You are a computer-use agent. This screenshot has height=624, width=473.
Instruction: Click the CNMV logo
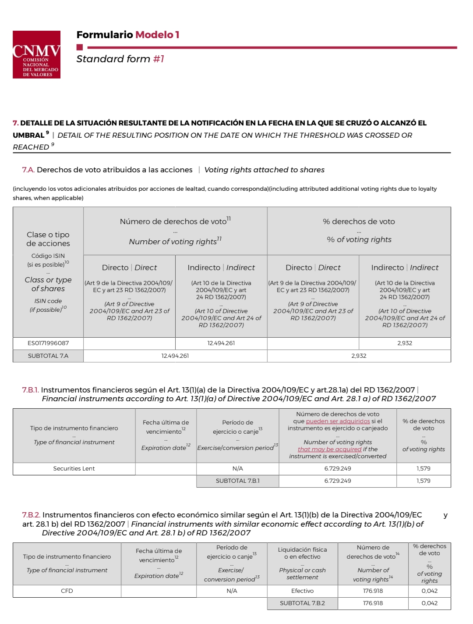point(36,55)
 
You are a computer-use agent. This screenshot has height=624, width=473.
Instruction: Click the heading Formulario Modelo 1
point(127,35)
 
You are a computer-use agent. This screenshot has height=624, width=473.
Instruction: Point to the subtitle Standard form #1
point(120,59)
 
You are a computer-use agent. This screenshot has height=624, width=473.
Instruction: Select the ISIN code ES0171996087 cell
point(48,343)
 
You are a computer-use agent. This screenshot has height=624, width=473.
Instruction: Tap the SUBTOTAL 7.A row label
point(48,356)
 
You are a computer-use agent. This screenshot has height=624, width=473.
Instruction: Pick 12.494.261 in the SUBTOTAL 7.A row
point(175,356)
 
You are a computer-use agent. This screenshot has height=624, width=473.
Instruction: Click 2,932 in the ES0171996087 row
point(405,343)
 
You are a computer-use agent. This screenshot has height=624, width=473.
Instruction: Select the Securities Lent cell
point(74,468)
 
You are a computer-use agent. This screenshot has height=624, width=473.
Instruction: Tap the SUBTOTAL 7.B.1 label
point(237,481)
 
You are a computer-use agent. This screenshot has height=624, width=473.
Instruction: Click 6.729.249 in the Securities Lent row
point(338,468)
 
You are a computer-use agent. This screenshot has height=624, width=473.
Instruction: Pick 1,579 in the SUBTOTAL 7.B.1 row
point(424,481)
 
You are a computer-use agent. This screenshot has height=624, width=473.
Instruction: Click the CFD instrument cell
point(67,591)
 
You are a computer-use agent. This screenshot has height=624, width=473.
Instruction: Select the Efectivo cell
point(302,591)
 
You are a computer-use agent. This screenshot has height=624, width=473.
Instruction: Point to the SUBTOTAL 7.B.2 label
point(302,603)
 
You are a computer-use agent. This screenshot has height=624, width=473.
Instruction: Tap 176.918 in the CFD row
point(373,591)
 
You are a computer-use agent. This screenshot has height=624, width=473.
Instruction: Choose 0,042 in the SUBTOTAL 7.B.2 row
point(430,603)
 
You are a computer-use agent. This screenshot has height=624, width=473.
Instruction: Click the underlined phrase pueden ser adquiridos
point(338,421)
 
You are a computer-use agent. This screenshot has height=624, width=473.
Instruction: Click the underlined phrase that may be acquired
point(329,449)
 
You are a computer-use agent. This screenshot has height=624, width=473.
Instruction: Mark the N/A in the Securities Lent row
point(237,468)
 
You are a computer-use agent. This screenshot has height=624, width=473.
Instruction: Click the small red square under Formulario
point(79,47)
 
